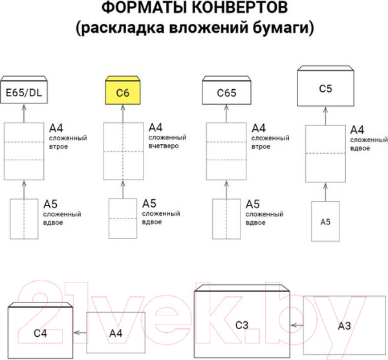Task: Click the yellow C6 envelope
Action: click(123, 92)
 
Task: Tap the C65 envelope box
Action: click(226, 92)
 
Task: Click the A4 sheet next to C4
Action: click(116, 332)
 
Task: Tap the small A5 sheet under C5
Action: click(325, 221)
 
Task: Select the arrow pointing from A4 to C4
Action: click(80, 332)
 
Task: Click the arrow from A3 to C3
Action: click(296, 326)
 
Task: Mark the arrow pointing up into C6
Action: click(123, 113)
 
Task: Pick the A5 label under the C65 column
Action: click(254, 204)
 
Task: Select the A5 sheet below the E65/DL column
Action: click(24, 219)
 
